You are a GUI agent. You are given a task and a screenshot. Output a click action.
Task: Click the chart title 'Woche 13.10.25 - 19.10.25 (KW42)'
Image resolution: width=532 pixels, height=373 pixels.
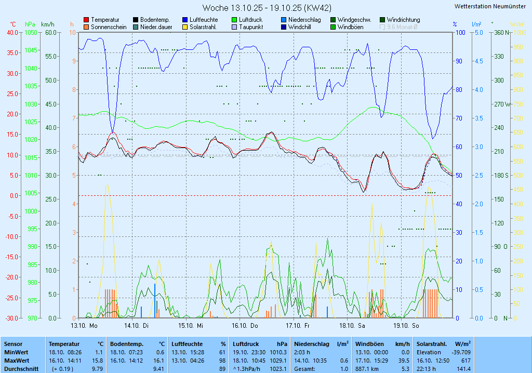tap(267, 8)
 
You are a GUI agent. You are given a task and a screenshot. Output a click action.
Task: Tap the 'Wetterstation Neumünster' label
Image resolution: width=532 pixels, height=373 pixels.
tap(489, 6)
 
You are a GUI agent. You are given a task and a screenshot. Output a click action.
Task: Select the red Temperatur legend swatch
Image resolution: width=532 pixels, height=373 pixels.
tap(86, 20)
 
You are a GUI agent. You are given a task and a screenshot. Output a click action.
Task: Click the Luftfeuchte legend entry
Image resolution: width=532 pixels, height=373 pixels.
tap(203, 20)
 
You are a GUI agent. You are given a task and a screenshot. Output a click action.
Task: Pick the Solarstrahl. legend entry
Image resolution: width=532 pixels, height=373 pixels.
tap(203, 27)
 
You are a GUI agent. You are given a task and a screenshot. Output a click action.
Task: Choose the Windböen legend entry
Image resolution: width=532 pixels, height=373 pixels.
tap(350, 27)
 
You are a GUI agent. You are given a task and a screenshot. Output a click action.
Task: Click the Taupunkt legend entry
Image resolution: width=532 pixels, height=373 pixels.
tap(250, 27)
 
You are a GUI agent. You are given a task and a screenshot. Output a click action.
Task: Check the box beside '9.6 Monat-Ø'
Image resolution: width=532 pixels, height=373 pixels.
tap(383, 27)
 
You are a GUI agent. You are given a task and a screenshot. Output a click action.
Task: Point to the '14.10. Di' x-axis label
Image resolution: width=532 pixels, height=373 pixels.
tap(137, 326)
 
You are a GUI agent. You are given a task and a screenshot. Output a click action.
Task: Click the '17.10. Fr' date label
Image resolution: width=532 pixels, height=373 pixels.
tap(298, 326)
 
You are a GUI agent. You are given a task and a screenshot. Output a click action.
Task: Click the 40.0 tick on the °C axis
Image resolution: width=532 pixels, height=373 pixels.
tap(12, 32)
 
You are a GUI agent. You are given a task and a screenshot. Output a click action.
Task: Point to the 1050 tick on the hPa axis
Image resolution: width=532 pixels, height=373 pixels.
tap(31, 32)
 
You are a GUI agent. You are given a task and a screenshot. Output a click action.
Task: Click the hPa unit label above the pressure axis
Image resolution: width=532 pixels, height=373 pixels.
tap(30, 24)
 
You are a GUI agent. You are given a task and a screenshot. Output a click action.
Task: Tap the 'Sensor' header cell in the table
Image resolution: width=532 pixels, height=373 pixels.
tap(13, 344)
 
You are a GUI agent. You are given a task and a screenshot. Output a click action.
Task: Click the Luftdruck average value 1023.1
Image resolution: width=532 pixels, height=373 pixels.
tap(278, 368)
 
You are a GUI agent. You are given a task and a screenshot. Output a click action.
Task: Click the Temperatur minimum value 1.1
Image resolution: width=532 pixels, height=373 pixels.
tap(98, 352)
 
